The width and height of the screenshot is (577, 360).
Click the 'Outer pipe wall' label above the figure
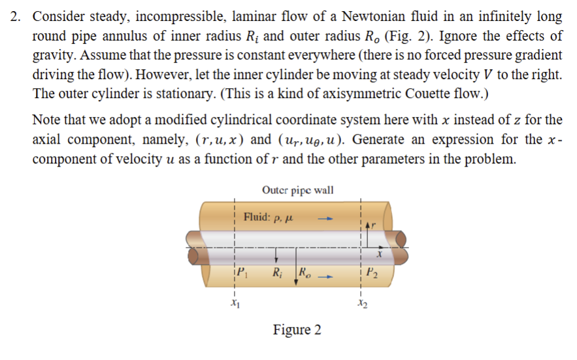click(x=297, y=190)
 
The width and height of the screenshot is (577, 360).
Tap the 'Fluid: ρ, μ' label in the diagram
click(x=267, y=217)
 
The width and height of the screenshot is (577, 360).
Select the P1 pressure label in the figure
click(x=242, y=272)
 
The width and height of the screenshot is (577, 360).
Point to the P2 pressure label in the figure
click(x=371, y=272)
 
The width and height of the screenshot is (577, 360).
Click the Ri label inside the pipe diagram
click(x=278, y=272)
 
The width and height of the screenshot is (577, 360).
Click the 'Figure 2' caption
click(x=297, y=329)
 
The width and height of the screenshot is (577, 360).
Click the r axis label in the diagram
click(x=374, y=224)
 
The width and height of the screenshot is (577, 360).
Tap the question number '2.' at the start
click(x=17, y=16)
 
